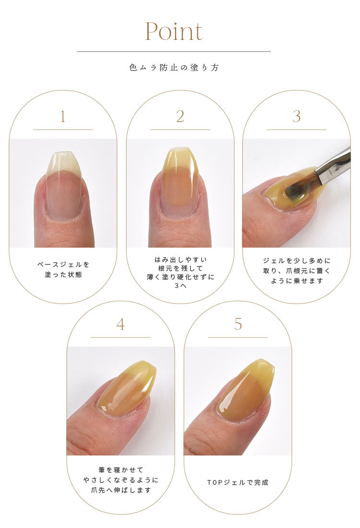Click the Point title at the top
point(174,31)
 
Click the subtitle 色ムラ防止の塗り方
point(174,68)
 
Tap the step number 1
point(62,117)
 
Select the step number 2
point(180,117)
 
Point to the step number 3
point(296,117)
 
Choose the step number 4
point(120,324)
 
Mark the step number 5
point(238,324)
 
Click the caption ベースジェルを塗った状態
point(63,270)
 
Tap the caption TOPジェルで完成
point(238,482)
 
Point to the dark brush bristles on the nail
point(296,190)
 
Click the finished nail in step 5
point(246,389)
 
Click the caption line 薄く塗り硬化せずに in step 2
point(180,277)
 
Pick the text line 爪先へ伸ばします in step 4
point(120,490)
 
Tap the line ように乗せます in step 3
point(297,281)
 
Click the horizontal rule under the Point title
point(174,51)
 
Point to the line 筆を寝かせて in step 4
point(120,470)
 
